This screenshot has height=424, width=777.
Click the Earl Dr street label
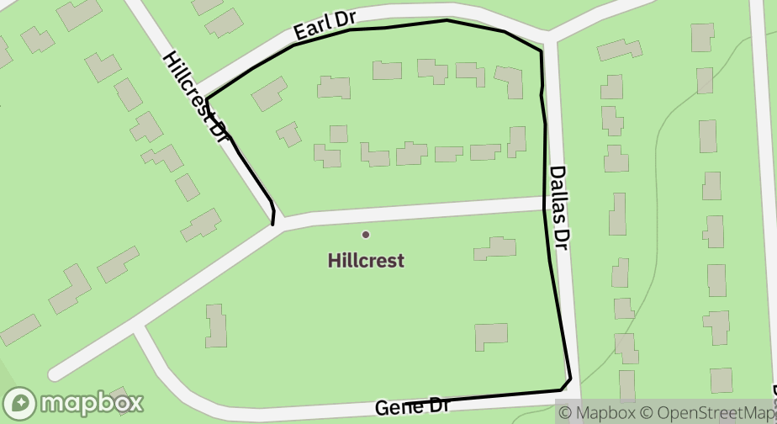point(323,28)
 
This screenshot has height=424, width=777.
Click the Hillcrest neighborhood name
point(366,261)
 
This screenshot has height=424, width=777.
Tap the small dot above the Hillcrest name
point(365,234)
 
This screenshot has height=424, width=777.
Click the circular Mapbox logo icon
point(19,404)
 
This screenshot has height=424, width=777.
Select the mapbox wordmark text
point(92,404)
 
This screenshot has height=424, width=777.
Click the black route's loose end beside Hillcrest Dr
point(272,224)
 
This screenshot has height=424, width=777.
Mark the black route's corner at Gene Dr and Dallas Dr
point(570,380)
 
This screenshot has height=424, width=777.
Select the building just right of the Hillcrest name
point(495,248)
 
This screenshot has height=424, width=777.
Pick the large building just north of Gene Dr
point(490,337)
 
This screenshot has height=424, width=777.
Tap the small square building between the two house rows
point(338,134)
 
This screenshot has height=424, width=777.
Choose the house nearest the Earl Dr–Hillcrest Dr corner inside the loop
point(269,93)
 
